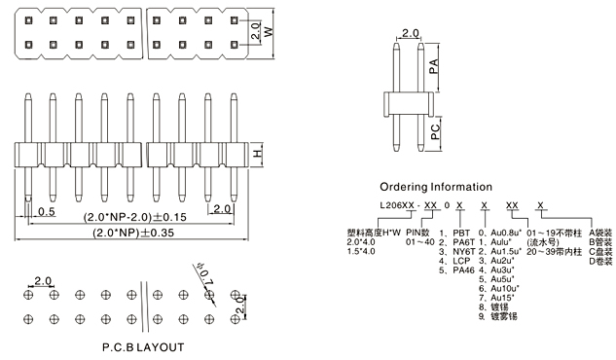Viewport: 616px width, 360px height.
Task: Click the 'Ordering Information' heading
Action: pos(436,187)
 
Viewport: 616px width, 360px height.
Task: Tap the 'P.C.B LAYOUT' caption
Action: pos(143,347)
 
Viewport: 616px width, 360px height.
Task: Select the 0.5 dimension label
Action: pos(47,211)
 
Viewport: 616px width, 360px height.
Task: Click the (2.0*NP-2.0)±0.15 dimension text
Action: pos(134,217)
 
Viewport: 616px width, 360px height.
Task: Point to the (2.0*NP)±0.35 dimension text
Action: pos(133,233)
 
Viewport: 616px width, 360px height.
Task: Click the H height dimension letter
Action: pos(257,153)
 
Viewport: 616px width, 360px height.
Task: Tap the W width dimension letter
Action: pos(269,32)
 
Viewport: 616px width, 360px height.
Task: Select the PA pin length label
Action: pos(433,67)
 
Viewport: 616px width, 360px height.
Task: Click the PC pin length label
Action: pos(435,132)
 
